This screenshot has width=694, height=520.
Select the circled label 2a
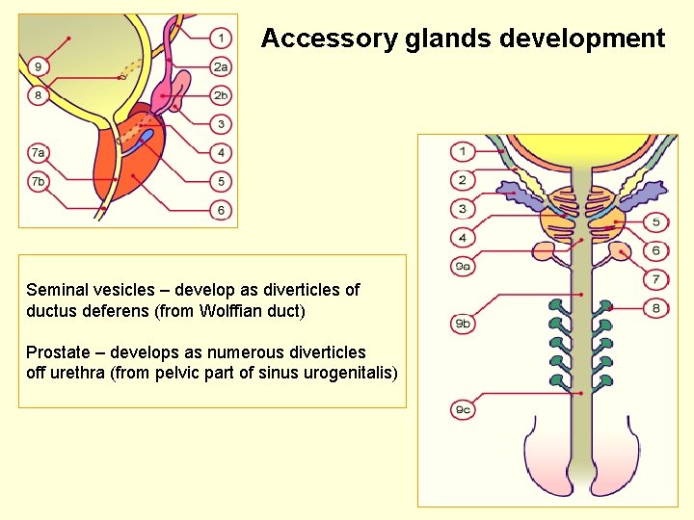click(222, 66)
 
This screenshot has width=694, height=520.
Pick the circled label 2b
click(222, 95)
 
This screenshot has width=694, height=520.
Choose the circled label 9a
click(463, 266)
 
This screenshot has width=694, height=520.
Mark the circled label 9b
click(463, 325)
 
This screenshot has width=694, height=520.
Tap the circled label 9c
click(463, 410)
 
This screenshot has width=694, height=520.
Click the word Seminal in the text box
click(56, 290)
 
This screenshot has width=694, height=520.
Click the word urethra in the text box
click(78, 373)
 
